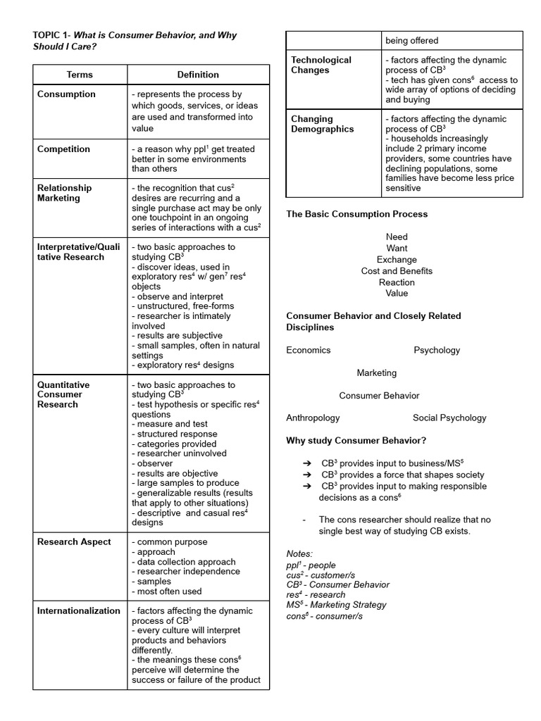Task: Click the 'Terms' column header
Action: (x=80, y=75)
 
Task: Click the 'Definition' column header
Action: (x=198, y=75)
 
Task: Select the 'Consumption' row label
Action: (x=66, y=94)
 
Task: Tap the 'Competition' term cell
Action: (x=63, y=149)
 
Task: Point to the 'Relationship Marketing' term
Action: (x=64, y=193)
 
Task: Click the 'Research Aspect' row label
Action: (x=74, y=542)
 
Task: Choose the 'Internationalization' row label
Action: (x=78, y=611)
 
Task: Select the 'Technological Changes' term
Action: (x=321, y=65)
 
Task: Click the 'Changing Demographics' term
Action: (x=323, y=124)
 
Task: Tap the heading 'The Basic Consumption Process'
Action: (x=356, y=214)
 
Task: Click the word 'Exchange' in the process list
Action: (x=397, y=260)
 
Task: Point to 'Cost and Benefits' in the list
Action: (x=397, y=271)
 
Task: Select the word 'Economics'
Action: (x=308, y=350)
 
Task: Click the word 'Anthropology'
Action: (x=313, y=418)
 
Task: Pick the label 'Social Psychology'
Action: (x=449, y=418)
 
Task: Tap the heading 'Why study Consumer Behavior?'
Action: (x=356, y=441)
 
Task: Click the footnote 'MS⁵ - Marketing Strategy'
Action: (x=335, y=605)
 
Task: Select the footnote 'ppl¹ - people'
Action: (x=311, y=565)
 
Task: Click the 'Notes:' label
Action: (x=299, y=554)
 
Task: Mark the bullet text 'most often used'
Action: (x=169, y=591)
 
